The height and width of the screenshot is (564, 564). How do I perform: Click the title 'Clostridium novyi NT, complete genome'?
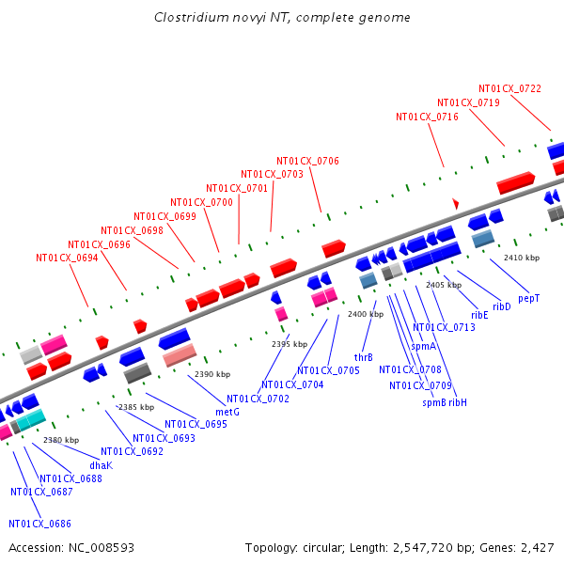click(x=282, y=18)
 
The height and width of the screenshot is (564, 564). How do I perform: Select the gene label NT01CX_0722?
click(x=509, y=88)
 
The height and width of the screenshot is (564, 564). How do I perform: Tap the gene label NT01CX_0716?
click(x=427, y=117)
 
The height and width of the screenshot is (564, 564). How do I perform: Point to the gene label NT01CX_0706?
click(x=307, y=161)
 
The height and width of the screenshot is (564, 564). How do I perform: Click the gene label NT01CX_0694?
click(x=67, y=258)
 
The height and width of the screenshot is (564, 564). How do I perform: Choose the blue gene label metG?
click(x=227, y=412)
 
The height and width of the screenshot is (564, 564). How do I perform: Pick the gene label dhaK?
click(x=101, y=464)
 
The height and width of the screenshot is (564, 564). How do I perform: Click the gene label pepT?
click(x=529, y=298)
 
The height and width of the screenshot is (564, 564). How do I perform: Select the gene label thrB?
click(x=364, y=357)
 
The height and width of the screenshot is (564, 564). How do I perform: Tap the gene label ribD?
click(x=502, y=306)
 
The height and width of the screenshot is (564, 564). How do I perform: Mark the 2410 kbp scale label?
click(x=522, y=258)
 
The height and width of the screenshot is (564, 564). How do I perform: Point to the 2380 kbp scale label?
click(x=60, y=440)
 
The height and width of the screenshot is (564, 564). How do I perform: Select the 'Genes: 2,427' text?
click(x=524, y=547)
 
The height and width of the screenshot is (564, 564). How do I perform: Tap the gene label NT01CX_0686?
click(x=39, y=524)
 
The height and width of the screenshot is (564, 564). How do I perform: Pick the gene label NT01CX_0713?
click(x=444, y=327)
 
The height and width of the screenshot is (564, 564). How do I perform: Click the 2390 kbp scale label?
click(x=211, y=374)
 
